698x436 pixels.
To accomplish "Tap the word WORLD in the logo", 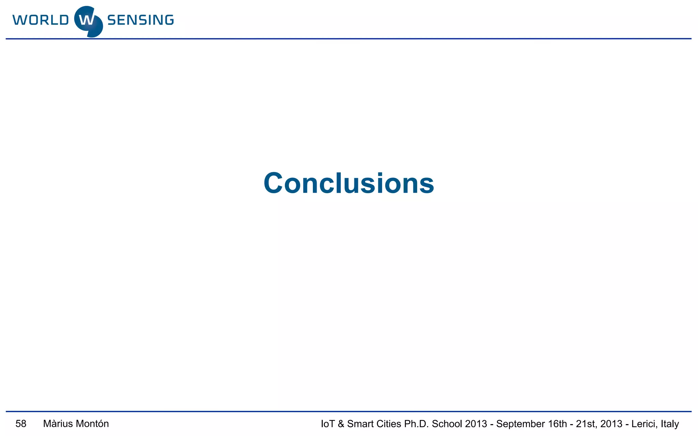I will click(41, 20).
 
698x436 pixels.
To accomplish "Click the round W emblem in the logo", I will click(88, 21).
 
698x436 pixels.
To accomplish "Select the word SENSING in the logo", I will click(140, 20).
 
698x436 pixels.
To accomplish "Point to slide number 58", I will click(21, 424).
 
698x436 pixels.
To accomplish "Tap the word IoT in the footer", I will click(328, 424).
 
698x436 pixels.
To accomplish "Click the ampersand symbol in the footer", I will click(341, 424).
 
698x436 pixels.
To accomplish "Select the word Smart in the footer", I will click(360, 424).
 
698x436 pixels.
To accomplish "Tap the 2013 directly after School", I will click(476, 424).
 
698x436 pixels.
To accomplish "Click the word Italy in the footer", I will click(670, 424).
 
